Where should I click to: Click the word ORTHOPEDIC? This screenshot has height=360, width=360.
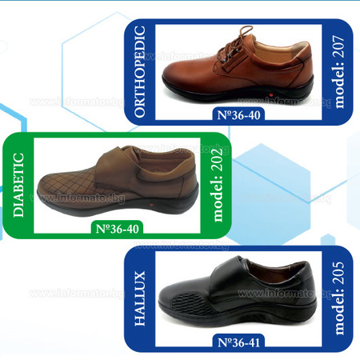[x=140, y=71]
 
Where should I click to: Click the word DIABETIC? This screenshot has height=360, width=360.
[x=18, y=185]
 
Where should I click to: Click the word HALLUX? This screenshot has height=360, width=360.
[x=140, y=298]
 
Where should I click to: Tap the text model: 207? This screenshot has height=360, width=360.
[x=338, y=72]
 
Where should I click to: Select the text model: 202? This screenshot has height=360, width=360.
[x=217, y=185]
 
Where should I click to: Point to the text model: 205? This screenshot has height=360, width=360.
[x=338, y=298]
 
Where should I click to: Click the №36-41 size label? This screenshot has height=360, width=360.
[x=238, y=342]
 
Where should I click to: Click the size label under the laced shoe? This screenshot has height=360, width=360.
[x=238, y=115]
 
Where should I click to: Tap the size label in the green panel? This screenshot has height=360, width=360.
[x=117, y=229]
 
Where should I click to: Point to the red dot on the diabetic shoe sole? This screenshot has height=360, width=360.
[x=152, y=206]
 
